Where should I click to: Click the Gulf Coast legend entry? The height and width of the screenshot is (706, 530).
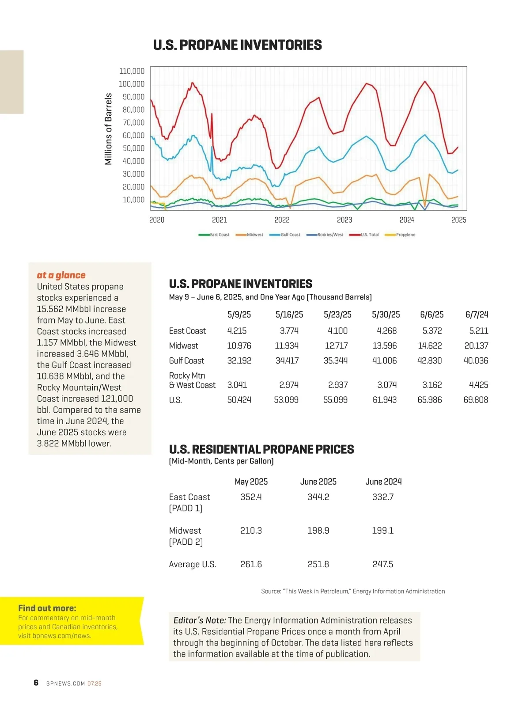point(290,235)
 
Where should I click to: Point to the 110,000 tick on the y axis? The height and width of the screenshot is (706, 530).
point(132,71)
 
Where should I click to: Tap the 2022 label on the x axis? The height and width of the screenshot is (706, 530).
point(282,220)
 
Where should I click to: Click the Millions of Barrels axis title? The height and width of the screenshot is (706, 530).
point(108,129)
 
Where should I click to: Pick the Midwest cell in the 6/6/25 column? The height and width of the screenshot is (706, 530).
point(430,345)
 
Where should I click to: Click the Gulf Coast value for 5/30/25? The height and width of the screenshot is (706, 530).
point(384,361)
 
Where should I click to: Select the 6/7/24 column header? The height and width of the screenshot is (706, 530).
point(477,315)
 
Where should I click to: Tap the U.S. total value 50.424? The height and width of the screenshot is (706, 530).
point(239,400)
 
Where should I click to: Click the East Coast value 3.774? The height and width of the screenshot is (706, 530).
point(289,330)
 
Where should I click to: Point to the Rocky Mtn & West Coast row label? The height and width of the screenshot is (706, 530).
point(192,380)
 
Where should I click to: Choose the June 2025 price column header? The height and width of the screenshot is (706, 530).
point(318,482)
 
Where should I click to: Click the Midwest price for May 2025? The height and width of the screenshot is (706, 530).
point(251,530)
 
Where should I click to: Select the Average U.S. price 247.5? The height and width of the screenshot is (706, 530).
point(382,564)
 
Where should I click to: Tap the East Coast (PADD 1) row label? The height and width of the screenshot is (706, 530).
point(189,502)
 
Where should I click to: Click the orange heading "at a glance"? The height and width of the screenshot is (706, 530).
point(61,275)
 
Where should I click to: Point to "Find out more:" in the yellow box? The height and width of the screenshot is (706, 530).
point(47,608)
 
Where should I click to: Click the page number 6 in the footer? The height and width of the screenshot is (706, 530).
point(36,683)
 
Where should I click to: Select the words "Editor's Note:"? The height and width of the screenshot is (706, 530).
point(200,620)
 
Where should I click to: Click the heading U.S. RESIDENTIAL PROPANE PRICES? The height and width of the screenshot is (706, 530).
point(261,449)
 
